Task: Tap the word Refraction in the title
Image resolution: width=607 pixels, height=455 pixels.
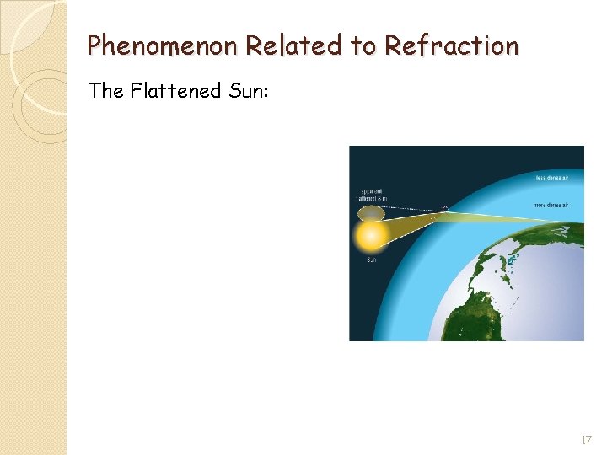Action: click(x=451, y=45)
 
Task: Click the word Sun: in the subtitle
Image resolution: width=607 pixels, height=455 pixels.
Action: click(x=246, y=90)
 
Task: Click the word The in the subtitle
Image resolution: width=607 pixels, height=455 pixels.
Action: click(x=106, y=90)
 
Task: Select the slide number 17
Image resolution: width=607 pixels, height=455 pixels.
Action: click(x=586, y=441)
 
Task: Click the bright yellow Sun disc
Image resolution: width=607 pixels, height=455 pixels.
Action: click(x=372, y=236)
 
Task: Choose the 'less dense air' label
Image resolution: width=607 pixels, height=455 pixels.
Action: click(x=552, y=178)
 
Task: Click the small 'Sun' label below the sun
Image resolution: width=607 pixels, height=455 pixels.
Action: click(x=372, y=260)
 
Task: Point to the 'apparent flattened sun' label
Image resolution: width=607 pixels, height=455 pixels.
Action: click(x=370, y=194)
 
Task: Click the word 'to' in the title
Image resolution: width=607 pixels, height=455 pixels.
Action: click(x=362, y=45)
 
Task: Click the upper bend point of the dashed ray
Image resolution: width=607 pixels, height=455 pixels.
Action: click(x=446, y=208)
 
